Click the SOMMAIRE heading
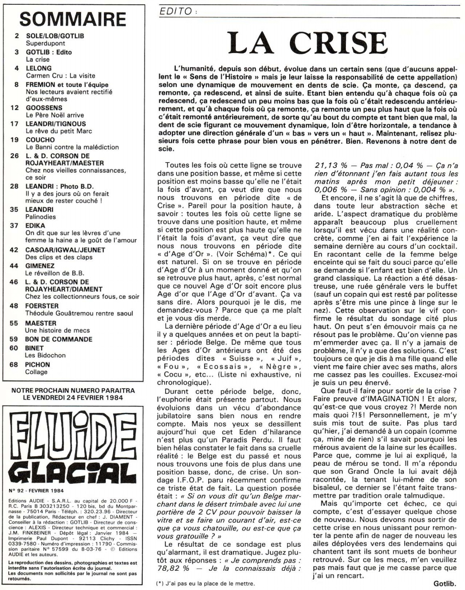click(73, 19)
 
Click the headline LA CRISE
click(308, 42)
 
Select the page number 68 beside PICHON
click(14, 365)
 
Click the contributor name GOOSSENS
click(44, 108)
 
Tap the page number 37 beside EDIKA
click(14, 225)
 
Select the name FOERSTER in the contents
click(42, 306)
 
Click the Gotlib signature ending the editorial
click(445, 583)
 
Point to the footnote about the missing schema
click(206, 584)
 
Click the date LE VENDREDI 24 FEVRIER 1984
click(73, 397)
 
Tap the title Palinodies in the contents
click(41, 217)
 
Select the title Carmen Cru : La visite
click(60, 76)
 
